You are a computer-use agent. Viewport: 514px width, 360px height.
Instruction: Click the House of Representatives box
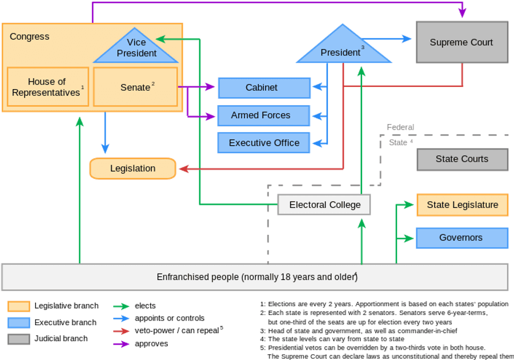click(48, 87)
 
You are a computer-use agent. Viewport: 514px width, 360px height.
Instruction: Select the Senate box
click(135, 87)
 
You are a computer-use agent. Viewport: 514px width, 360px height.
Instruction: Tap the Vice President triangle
click(136, 49)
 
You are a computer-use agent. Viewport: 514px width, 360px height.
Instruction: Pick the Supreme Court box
click(461, 42)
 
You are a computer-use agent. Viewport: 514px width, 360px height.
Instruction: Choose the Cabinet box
click(263, 88)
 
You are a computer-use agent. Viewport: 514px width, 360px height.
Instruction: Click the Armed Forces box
click(263, 115)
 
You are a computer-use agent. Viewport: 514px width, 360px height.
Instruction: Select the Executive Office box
click(263, 143)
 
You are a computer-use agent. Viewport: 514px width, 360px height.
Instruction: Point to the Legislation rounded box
click(133, 169)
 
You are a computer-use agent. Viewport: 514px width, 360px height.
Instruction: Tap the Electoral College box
click(324, 205)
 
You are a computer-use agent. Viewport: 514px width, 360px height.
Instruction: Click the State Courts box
click(461, 159)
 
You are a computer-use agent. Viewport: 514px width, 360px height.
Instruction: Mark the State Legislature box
click(461, 205)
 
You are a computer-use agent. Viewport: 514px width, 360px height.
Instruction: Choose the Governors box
click(461, 238)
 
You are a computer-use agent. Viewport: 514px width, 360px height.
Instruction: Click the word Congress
click(30, 37)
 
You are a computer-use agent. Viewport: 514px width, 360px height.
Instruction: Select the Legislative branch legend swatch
click(18, 306)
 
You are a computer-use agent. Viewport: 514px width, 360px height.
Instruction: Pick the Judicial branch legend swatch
click(18, 339)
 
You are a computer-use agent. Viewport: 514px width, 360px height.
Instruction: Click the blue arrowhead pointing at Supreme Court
click(407, 39)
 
